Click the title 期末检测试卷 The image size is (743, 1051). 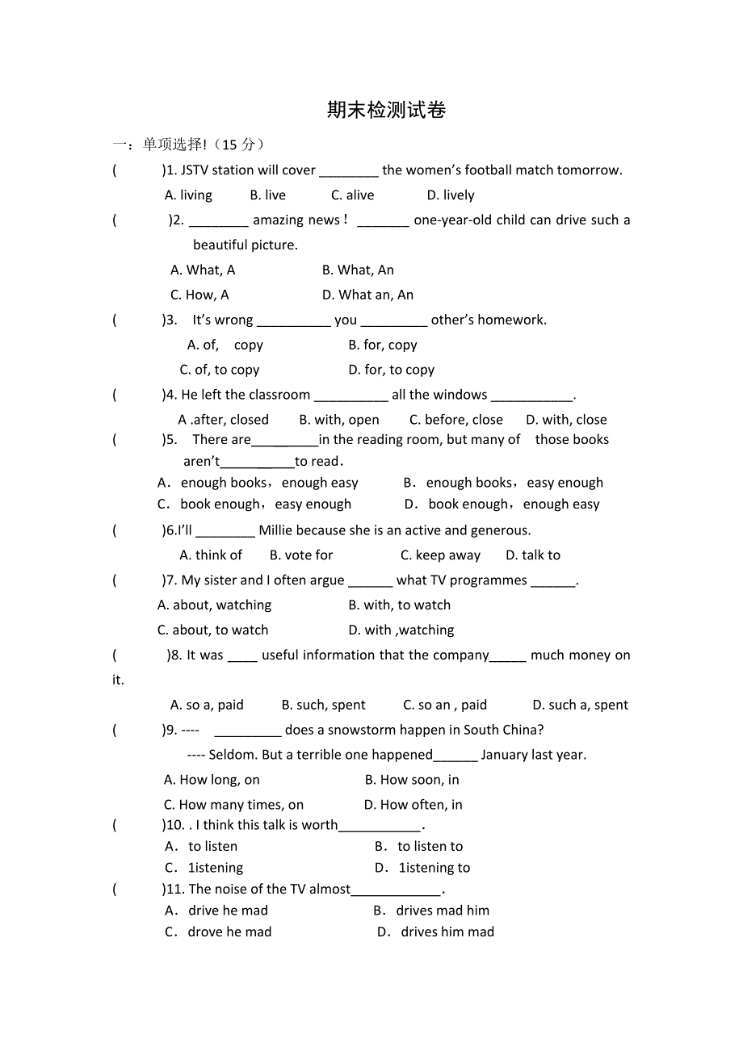(x=386, y=111)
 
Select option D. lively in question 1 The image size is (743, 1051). (x=451, y=195)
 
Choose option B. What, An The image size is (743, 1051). (x=358, y=270)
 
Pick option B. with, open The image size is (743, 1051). (x=339, y=420)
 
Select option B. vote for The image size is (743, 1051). (x=301, y=556)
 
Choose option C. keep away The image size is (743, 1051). (x=440, y=556)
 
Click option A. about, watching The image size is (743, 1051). (x=214, y=605)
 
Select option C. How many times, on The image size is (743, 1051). (x=233, y=806)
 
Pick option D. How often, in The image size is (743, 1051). (x=413, y=806)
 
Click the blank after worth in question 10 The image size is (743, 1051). (x=380, y=826)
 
